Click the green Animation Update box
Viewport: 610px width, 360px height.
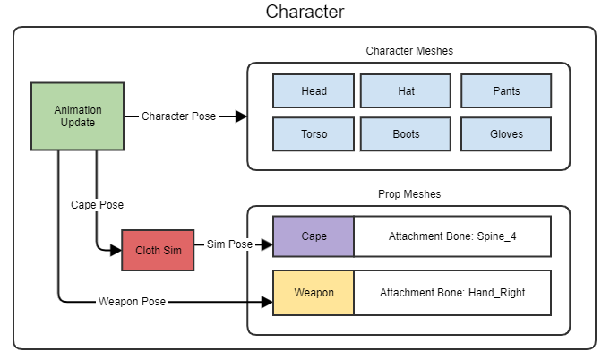(78, 116)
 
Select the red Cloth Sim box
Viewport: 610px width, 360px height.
(158, 250)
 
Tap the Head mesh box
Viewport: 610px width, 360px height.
(314, 91)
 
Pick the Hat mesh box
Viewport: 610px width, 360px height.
(406, 91)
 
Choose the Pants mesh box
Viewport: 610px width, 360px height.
(505, 91)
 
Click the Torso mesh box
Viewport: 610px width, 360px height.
(314, 134)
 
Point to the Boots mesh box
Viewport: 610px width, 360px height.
(406, 134)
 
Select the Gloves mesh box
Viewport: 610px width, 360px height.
(505, 134)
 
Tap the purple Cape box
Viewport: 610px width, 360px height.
(314, 237)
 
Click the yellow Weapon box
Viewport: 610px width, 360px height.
(314, 293)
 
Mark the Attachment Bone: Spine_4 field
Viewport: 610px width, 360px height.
(451, 237)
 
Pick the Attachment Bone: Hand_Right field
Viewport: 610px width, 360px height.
(451, 293)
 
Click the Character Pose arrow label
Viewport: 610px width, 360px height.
(178, 116)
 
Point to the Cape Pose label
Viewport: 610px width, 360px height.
(97, 204)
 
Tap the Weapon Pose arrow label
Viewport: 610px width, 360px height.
(132, 302)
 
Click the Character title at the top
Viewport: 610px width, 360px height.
(305, 13)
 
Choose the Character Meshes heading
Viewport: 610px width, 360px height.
(409, 51)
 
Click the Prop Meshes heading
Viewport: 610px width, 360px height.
(409, 193)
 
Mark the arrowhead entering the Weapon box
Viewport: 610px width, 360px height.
(267, 302)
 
